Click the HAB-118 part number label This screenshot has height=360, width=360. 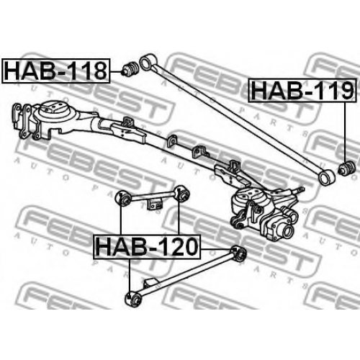pos(55,71)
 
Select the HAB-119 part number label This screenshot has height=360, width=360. pos(302,90)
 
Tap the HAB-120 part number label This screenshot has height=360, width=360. pos(147,247)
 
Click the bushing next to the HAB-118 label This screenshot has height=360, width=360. pos(130,69)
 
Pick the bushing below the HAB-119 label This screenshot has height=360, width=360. pos(346,168)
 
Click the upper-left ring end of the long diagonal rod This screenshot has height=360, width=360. pos(147,62)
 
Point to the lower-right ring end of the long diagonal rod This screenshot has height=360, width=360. pos(326,177)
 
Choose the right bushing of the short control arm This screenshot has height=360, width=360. pos(182,194)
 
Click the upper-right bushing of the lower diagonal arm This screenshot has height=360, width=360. pos(238,253)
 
